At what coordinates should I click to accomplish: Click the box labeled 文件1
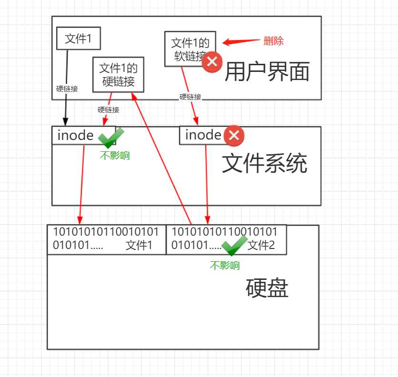click(79, 39)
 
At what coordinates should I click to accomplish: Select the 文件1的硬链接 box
click(118, 75)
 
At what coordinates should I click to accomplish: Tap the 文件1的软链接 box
click(190, 49)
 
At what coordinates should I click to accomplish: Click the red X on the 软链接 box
click(212, 62)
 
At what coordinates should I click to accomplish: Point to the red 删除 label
click(273, 41)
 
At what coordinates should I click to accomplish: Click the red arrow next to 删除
click(241, 41)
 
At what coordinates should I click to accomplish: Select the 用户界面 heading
click(267, 72)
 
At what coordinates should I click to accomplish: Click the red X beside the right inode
click(234, 136)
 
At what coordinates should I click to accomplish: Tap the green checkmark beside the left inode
click(111, 138)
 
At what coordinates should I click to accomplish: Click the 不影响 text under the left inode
click(115, 155)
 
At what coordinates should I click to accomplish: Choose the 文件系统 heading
click(265, 163)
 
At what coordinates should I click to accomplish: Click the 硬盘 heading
click(267, 288)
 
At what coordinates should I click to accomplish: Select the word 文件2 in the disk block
click(261, 245)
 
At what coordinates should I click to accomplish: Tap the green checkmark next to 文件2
click(234, 245)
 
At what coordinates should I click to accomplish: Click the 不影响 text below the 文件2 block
click(225, 266)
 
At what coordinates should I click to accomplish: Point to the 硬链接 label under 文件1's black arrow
click(67, 89)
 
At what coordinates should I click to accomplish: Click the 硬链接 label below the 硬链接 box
click(109, 109)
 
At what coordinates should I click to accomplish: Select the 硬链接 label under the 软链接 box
click(190, 97)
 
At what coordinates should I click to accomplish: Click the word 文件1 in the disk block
click(139, 245)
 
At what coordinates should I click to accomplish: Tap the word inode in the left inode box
click(75, 135)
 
